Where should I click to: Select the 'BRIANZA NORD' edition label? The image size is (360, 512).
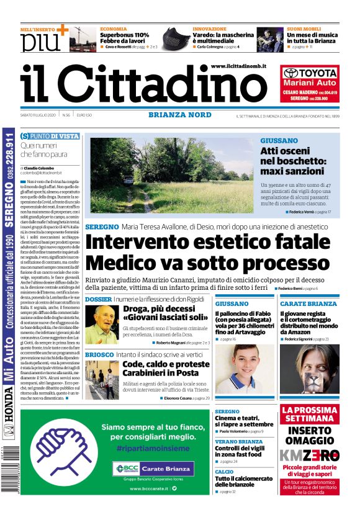point(179,115)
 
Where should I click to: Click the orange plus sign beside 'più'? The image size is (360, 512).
point(61,29)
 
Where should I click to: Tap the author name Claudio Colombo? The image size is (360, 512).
point(40,168)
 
